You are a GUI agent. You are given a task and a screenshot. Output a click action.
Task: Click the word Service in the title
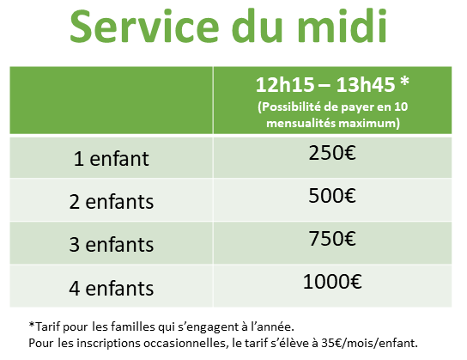click(145, 26)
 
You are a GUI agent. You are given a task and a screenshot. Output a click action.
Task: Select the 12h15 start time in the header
click(285, 85)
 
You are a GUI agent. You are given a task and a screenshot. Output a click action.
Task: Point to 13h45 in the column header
click(366, 85)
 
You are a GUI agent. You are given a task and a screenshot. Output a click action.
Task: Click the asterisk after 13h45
click(404, 81)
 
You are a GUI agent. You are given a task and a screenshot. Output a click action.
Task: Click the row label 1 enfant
click(111, 159)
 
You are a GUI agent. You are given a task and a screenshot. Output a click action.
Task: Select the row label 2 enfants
click(112, 202)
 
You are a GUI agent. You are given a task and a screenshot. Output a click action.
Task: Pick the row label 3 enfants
click(112, 245)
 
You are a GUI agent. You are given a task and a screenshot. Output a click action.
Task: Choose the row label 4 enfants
click(112, 288)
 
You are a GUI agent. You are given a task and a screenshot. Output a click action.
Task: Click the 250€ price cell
click(332, 153)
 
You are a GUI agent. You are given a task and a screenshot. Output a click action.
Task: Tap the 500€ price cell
click(332, 196)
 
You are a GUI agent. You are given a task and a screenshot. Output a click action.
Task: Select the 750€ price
click(332, 239)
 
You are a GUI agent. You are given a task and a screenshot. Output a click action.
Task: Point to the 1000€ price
click(332, 282)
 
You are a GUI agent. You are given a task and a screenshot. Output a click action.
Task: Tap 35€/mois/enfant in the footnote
click(369, 343)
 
